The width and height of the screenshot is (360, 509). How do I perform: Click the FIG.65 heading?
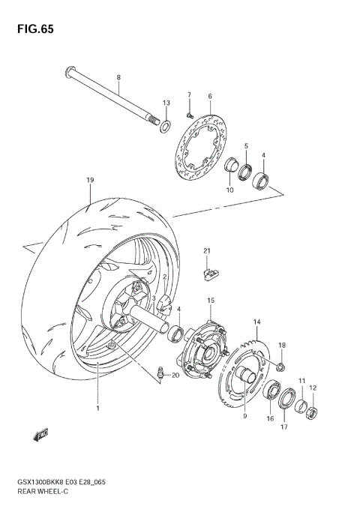pyautogui.click(x=31, y=30)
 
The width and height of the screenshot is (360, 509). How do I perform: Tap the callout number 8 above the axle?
pyautogui.click(x=118, y=78)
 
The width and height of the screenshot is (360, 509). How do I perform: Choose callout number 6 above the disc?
pyautogui.click(x=210, y=96)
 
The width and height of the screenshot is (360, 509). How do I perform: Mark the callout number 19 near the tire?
pyautogui.click(x=89, y=181)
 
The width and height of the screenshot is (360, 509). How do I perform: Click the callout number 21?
pyautogui.click(x=207, y=250)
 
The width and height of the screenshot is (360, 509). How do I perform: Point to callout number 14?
pyautogui.click(x=256, y=322)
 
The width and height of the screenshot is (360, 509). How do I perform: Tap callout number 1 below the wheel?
pyautogui.click(x=97, y=409)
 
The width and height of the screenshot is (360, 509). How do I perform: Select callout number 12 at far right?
pyautogui.click(x=313, y=388)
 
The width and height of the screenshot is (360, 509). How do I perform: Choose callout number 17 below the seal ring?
pyautogui.click(x=283, y=427)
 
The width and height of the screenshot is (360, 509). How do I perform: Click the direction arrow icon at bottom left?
pyautogui.click(x=40, y=433)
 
